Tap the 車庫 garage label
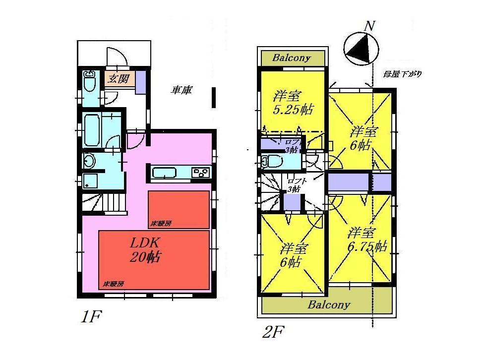(182, 91)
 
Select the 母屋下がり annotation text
(402, 74)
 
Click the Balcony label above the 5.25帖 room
(292, 58)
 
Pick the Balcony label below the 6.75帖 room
(329, 304)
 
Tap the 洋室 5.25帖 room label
(292, 102)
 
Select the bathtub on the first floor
(92, 129)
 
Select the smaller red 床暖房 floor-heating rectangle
(179, 209)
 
